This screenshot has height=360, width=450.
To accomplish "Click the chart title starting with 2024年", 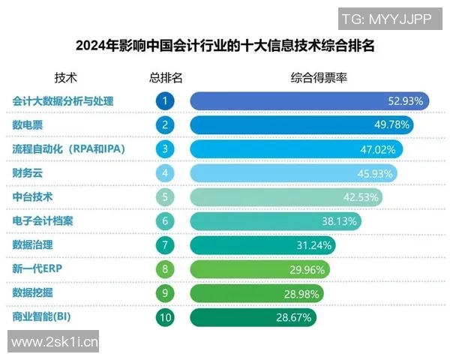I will coord(224,46).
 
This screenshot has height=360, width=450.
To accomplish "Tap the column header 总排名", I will coord(166,77).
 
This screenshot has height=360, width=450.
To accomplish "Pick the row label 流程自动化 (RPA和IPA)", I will coord(68,148).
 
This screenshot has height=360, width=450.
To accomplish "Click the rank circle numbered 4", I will coord(166,173).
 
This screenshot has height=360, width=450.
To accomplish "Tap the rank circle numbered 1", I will coord(166,100).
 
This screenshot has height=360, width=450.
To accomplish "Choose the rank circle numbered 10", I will coord(166,318).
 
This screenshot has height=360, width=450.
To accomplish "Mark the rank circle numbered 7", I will coord(166,245).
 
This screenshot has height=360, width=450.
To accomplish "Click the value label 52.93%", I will coord(406,100).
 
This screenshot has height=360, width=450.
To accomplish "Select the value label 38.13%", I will coord(338,221).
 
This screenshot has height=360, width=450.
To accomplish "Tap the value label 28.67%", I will coord(293,318).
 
